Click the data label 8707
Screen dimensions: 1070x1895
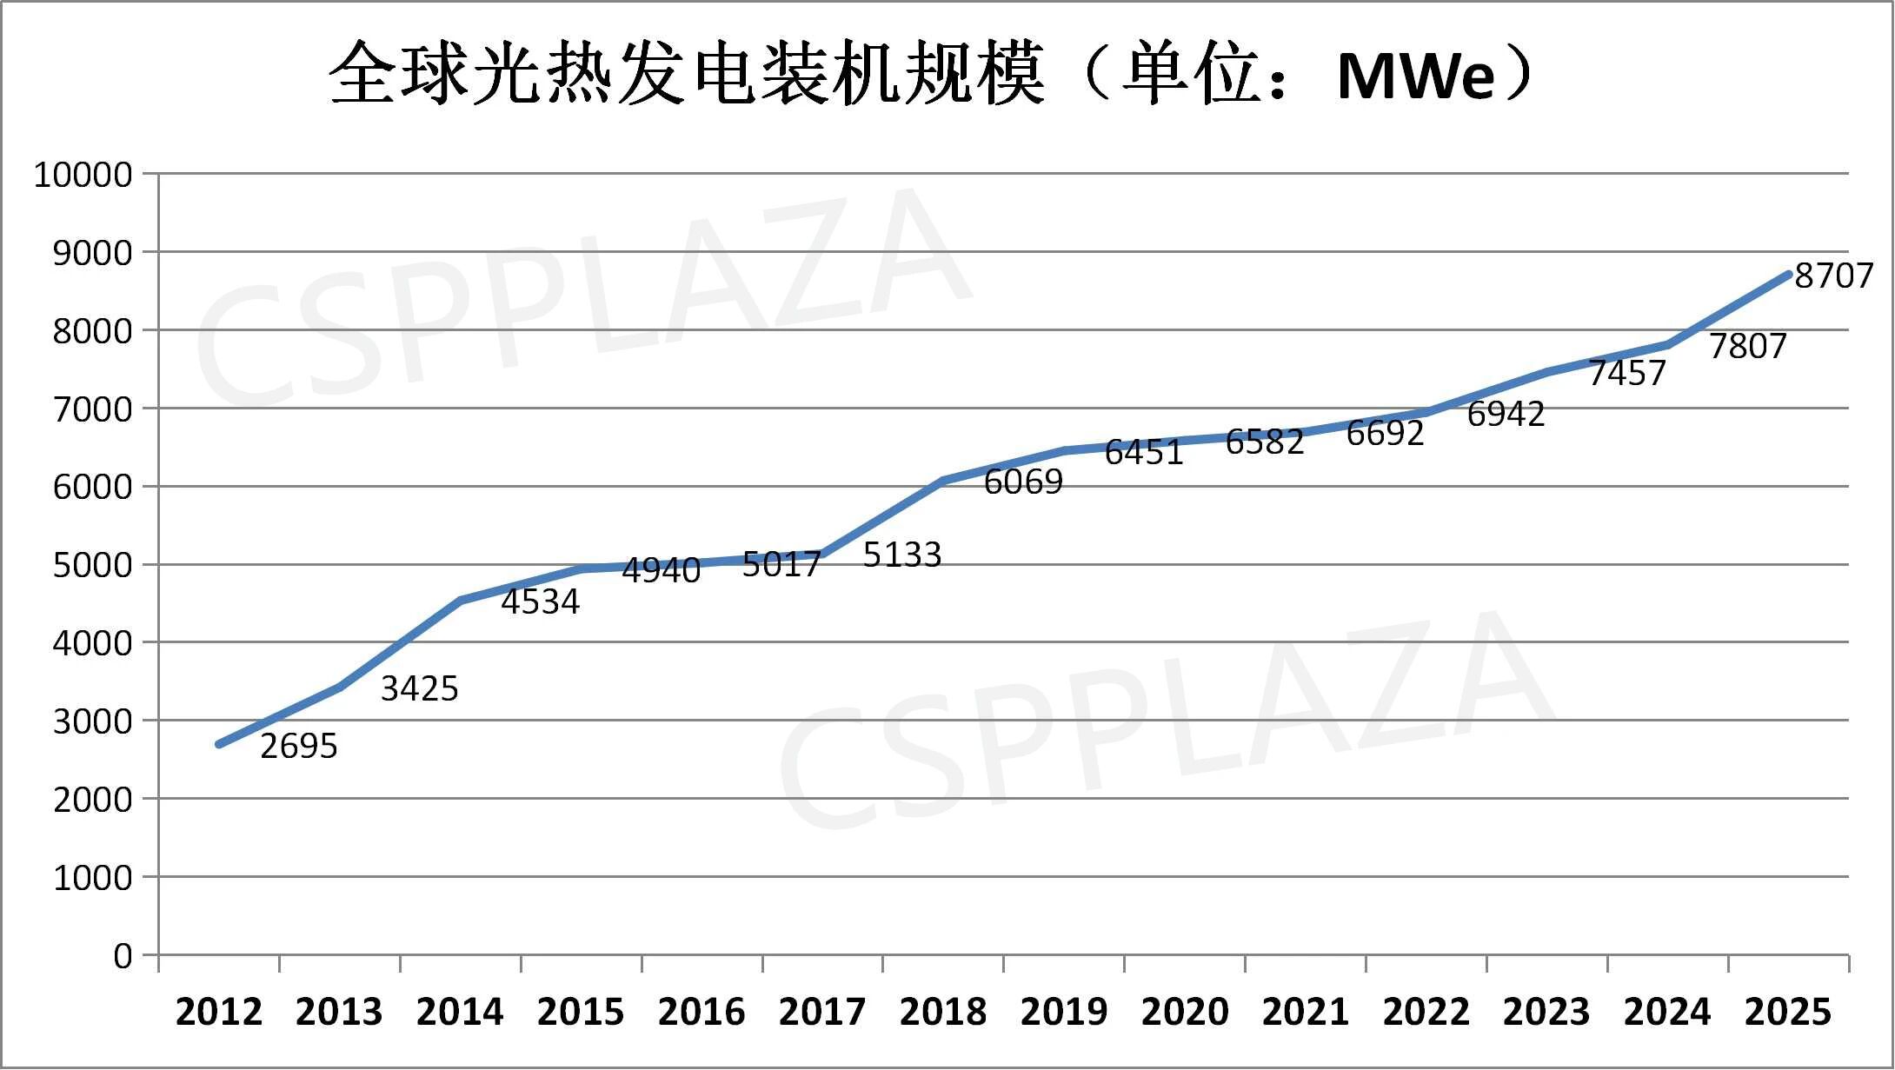click(1833, 276)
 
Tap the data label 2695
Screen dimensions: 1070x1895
click(298, 746)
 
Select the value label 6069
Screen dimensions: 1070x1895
click(1022, 482)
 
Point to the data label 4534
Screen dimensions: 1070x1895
click(540, 601)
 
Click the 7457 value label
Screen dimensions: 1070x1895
click(1626, 373)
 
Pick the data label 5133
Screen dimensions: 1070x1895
click(901, 555)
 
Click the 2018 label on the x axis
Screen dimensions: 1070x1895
click(942, 1012)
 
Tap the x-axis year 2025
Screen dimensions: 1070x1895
click(1787, 1012)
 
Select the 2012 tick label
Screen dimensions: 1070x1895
click(218, 1012)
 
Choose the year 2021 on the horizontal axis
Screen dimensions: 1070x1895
click(1305, 1012)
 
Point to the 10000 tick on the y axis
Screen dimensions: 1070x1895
click(83, 175)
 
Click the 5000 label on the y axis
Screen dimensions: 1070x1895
click(92, 565)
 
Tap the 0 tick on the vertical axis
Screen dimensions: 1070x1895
click(123, 956)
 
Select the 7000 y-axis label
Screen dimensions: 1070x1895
click(92, 409)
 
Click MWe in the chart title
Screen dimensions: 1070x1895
click(1415, 76)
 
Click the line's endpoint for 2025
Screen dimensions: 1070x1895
click(1788, 274)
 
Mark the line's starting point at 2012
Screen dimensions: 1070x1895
click(218, 745)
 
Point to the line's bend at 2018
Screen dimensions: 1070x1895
click(942, 480)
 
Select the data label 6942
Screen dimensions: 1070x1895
click(1506, 414)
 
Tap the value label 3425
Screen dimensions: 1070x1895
click(419, 688)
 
